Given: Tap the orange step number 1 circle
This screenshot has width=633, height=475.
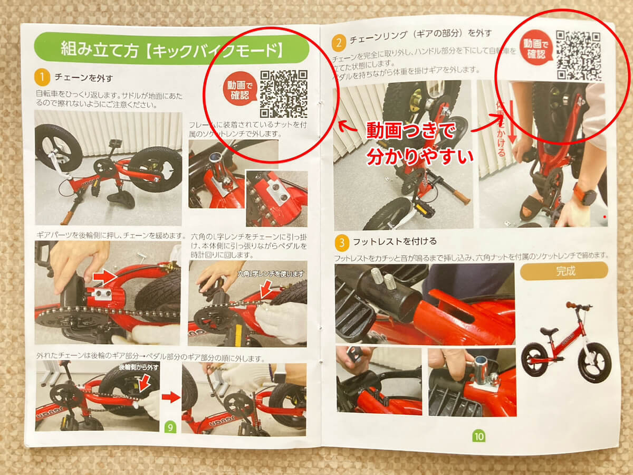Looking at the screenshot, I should click(x=42, y=78).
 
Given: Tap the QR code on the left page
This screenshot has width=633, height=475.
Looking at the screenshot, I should click(x=283, y=94).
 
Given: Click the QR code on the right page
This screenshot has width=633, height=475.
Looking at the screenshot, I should click(x=578, y=54).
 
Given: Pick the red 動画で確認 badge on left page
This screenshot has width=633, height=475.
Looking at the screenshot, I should click(x=241, y=89).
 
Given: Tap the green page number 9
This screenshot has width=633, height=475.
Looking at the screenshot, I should click(x=170, y=426).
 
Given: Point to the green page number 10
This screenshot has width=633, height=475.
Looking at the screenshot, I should click(x=478, y=436).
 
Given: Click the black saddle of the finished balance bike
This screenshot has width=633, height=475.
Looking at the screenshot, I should click(x=548, y=331).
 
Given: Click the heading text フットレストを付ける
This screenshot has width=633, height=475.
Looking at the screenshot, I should click(x=395, y=242).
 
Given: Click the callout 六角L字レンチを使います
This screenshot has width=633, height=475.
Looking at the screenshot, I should click(x=271, y=273).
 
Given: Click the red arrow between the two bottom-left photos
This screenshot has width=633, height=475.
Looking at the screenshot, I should click(x=170, y=397).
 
